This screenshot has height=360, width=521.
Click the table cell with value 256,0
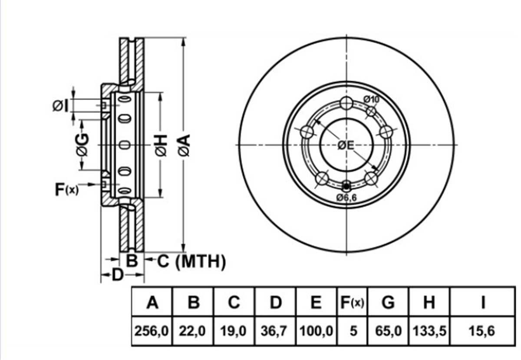click(x=152, y=330)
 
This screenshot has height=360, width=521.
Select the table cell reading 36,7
click(x=275, y=330)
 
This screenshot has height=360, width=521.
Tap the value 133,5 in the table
click(x=429, y=330)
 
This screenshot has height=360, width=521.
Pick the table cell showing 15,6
click(x=483, y=330)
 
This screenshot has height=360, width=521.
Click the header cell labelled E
click(x=317, y=302)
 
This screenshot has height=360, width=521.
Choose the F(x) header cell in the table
click(x=353, y=302)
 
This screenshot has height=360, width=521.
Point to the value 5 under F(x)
click(x=353, y=330)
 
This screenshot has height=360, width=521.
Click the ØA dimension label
click(x=184, y=145)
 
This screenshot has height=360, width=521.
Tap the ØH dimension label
click(x=161, y=145)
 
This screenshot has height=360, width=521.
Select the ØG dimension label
click(x=82, y=145)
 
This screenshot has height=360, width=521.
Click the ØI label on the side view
click(x=60, y=106)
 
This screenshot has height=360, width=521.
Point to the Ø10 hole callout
click(x=372, y=99)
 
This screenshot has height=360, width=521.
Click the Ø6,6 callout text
click(x=346, y=198)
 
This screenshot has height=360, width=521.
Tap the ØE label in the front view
click(x=346, y=145)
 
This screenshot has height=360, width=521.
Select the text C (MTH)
click(x=191, y=261)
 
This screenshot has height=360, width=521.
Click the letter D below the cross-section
click(x=118, y=275)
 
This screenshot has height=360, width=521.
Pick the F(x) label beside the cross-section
click(x=67, y=189)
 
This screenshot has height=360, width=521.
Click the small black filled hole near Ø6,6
click(x=346, y=186)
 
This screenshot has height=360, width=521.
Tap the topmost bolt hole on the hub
click(x=346, y=103)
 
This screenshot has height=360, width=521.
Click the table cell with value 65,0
click(x=388, y=330)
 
